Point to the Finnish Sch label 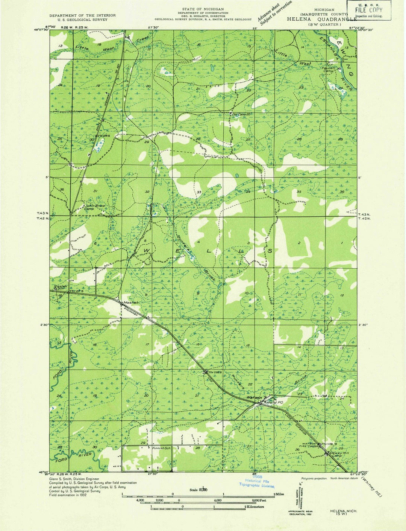[x=162, y=448]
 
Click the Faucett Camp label [x=329, y=69]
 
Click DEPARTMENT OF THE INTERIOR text [x=83, y=15]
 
